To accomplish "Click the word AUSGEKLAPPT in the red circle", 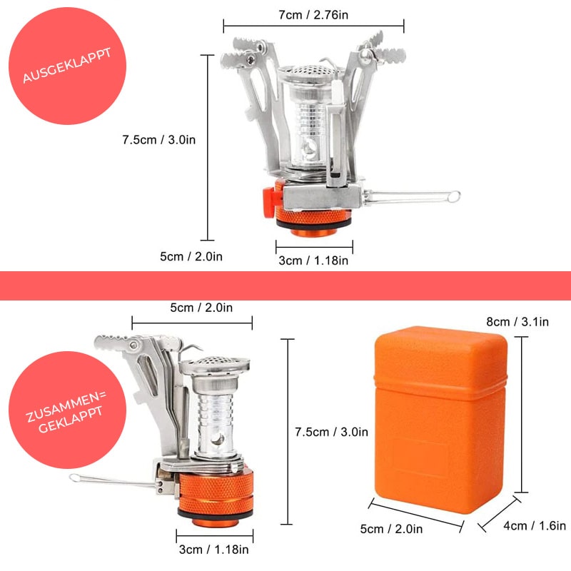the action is coord(67,65).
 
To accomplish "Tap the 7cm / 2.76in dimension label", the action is coord(313,15).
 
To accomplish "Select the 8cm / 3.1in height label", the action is coord(517,322).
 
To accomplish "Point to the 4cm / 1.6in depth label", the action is coord(535,525).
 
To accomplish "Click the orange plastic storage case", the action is coord(440,419).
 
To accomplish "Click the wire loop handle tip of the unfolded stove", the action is coord(454,197).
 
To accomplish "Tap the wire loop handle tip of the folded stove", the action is coord(75,477).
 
